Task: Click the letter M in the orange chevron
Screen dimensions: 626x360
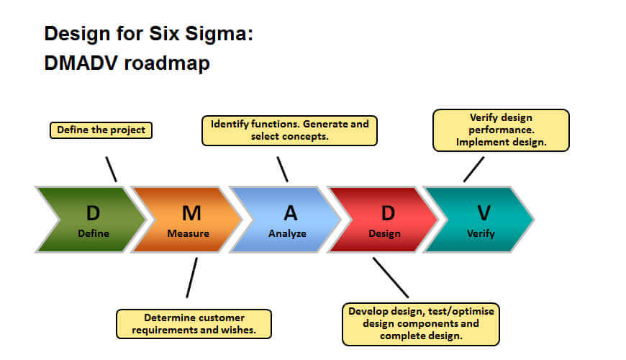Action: coord(191,213)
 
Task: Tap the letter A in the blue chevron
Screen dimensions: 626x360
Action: coord(291,213)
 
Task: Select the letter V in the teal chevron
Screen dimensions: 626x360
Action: coord(484,213)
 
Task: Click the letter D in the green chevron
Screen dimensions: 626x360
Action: coord(93,213)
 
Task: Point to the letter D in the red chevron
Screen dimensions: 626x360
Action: coord(388,213)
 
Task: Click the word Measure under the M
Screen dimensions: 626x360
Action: coord(188,233)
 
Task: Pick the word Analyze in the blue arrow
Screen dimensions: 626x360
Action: coord(287,234)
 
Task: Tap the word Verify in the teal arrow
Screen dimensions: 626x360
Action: coord(481,234)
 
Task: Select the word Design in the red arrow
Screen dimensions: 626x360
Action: coord(384,234)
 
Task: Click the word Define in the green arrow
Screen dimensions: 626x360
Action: coord(94,233)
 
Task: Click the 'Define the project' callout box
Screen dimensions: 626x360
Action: coord(101,130)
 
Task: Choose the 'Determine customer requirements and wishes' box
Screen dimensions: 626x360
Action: coord(194,324)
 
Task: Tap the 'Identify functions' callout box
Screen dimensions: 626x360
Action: coord(289,130)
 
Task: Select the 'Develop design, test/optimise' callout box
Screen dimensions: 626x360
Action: coord(421,324)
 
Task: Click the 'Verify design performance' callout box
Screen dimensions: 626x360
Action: coord(501,130)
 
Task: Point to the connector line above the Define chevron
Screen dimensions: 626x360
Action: coord(112,169)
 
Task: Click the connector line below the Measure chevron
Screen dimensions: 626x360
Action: coord(191,278)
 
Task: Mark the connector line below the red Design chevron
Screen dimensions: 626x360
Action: coord(391,278)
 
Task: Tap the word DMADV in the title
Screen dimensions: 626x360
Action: coord(81,63)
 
